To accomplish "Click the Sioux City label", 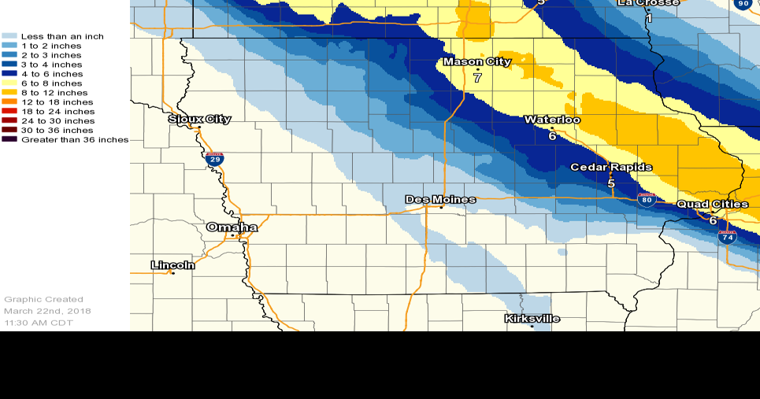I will (x=200, y=119).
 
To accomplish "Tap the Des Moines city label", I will (x=440, y=199).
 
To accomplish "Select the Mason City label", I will (x=476, y=61).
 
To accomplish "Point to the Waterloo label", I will (x=552, y=120).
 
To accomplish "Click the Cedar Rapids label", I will (x=610, y=168).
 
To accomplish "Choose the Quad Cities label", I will (x=713, y=205).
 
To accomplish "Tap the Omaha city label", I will (x=232, y=227).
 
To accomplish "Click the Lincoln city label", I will (x=172, y=264).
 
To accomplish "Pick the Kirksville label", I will (x=532, y=319).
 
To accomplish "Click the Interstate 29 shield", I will (x=214, y=159).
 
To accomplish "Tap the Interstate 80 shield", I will (x=647, y=199).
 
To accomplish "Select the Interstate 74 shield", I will (x=727, y=236).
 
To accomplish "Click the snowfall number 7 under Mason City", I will (x=477, y=78).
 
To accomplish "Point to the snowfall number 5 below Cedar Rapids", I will (x=611, y=183).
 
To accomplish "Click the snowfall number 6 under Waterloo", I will (x=552, y=136).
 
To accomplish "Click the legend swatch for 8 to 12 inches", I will (x=9, y=93).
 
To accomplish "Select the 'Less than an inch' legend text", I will (x=62, y=37).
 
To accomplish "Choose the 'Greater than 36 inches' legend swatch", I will (x=9, y=140).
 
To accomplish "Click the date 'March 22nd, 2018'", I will (x=47, y=311).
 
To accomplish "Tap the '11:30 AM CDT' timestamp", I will (x=39, y=323).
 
